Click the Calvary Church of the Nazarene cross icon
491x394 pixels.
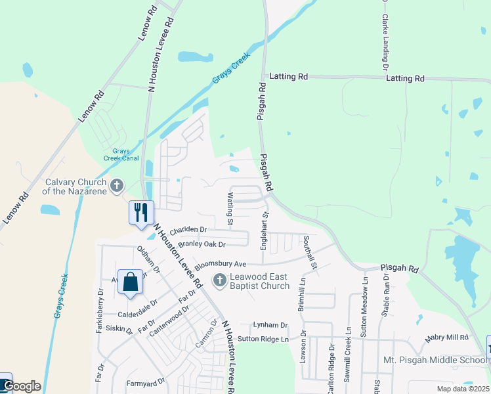pos(117,186)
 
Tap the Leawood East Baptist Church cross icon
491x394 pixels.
pos(219,281)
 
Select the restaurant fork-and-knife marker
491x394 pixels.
pos(141,213)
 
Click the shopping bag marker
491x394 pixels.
pos(131,281)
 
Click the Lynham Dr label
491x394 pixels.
pos(270,325)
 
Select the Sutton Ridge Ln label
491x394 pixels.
pos(263,339)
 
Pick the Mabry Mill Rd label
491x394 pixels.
pos(446,338)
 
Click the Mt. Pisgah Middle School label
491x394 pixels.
pos(435,360)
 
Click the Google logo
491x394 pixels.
pos(22,387)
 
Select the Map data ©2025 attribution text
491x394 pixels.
pos(462,389)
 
